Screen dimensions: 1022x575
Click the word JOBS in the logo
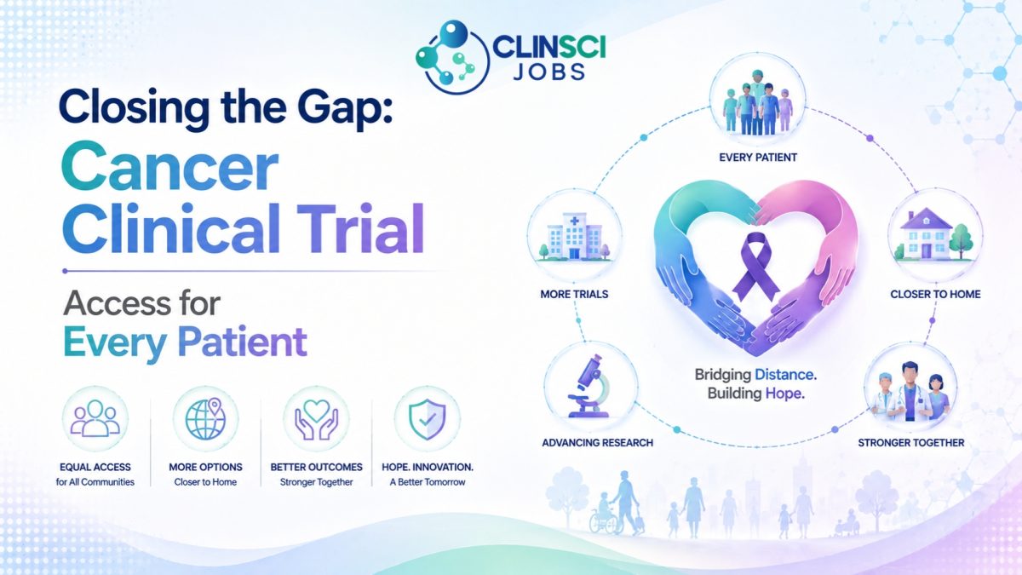tap(548, 72)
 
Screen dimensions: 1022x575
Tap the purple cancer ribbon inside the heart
tap(756, 267)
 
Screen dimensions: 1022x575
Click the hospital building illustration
tap(574, 237)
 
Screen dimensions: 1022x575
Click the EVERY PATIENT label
tap(758, 158)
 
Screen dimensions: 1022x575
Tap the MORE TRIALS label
tap(574, 295)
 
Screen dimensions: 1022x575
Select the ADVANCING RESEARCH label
tap(597, 443)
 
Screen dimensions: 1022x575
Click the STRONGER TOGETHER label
tap(910, 443)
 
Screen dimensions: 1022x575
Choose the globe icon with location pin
tap(206, 418)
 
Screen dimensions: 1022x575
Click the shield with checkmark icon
tap(427, 419)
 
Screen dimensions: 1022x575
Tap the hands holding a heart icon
tap(316, 419)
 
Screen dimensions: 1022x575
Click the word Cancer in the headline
tap(169, 167)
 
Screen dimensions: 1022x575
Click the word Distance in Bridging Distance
tap(785, 375)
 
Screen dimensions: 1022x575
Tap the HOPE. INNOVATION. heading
tap(427, 468)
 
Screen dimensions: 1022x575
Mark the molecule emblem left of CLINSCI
tap(452, 56)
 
